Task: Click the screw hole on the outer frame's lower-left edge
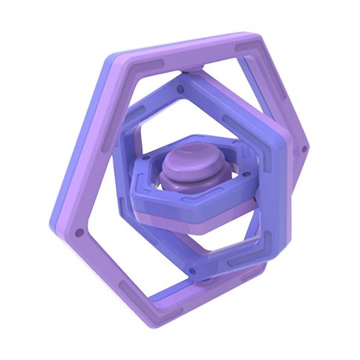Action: pos(77,232)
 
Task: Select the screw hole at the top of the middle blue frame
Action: pos(182,89)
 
